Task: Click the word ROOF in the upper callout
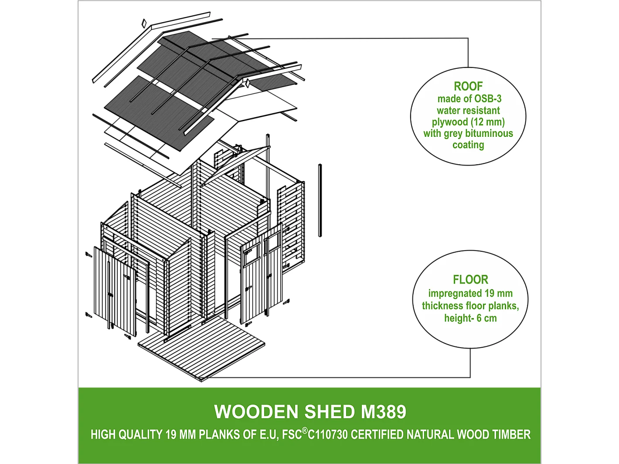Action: (x=468, y=86)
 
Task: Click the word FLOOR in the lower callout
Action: (x=470, y=280)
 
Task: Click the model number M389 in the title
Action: (x=384, y=412)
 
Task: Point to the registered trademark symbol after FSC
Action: (x=305, y=431)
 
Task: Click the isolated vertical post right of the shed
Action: (x=320, y=200)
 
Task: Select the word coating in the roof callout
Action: (x=468, y=145)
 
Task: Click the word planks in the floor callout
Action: (x=501, y=306)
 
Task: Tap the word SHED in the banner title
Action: (x=330, y=412)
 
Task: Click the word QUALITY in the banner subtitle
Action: (x=140, y=435)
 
